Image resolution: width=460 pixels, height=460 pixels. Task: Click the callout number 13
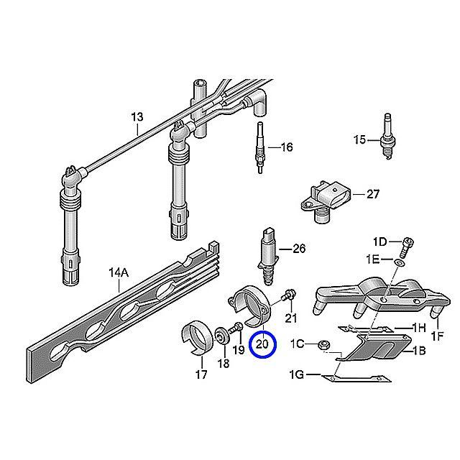coord(137,116)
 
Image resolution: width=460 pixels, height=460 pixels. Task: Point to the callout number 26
coord(299,249)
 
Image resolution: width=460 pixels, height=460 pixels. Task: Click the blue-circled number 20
coord(262,344)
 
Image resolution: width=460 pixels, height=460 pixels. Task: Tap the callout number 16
coord(286,148)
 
